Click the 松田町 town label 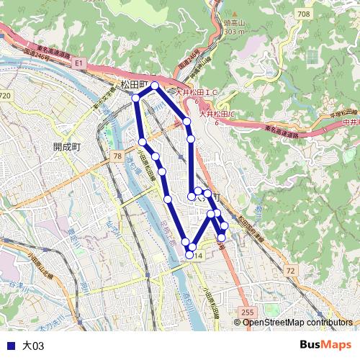pos(134,84)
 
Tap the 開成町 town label pos(68,145)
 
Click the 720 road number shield pos(6,95)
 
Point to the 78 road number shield pos(117,156)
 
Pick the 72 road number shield pos(289,270)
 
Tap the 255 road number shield pos(247,311)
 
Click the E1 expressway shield pos(79,64)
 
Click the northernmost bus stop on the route pos(155,86)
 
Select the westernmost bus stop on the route pos(135,98)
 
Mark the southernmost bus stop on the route pos(190,254)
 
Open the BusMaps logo pos(325,345)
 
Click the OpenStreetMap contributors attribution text pos(297,322)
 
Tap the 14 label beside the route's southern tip pos(199,256)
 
